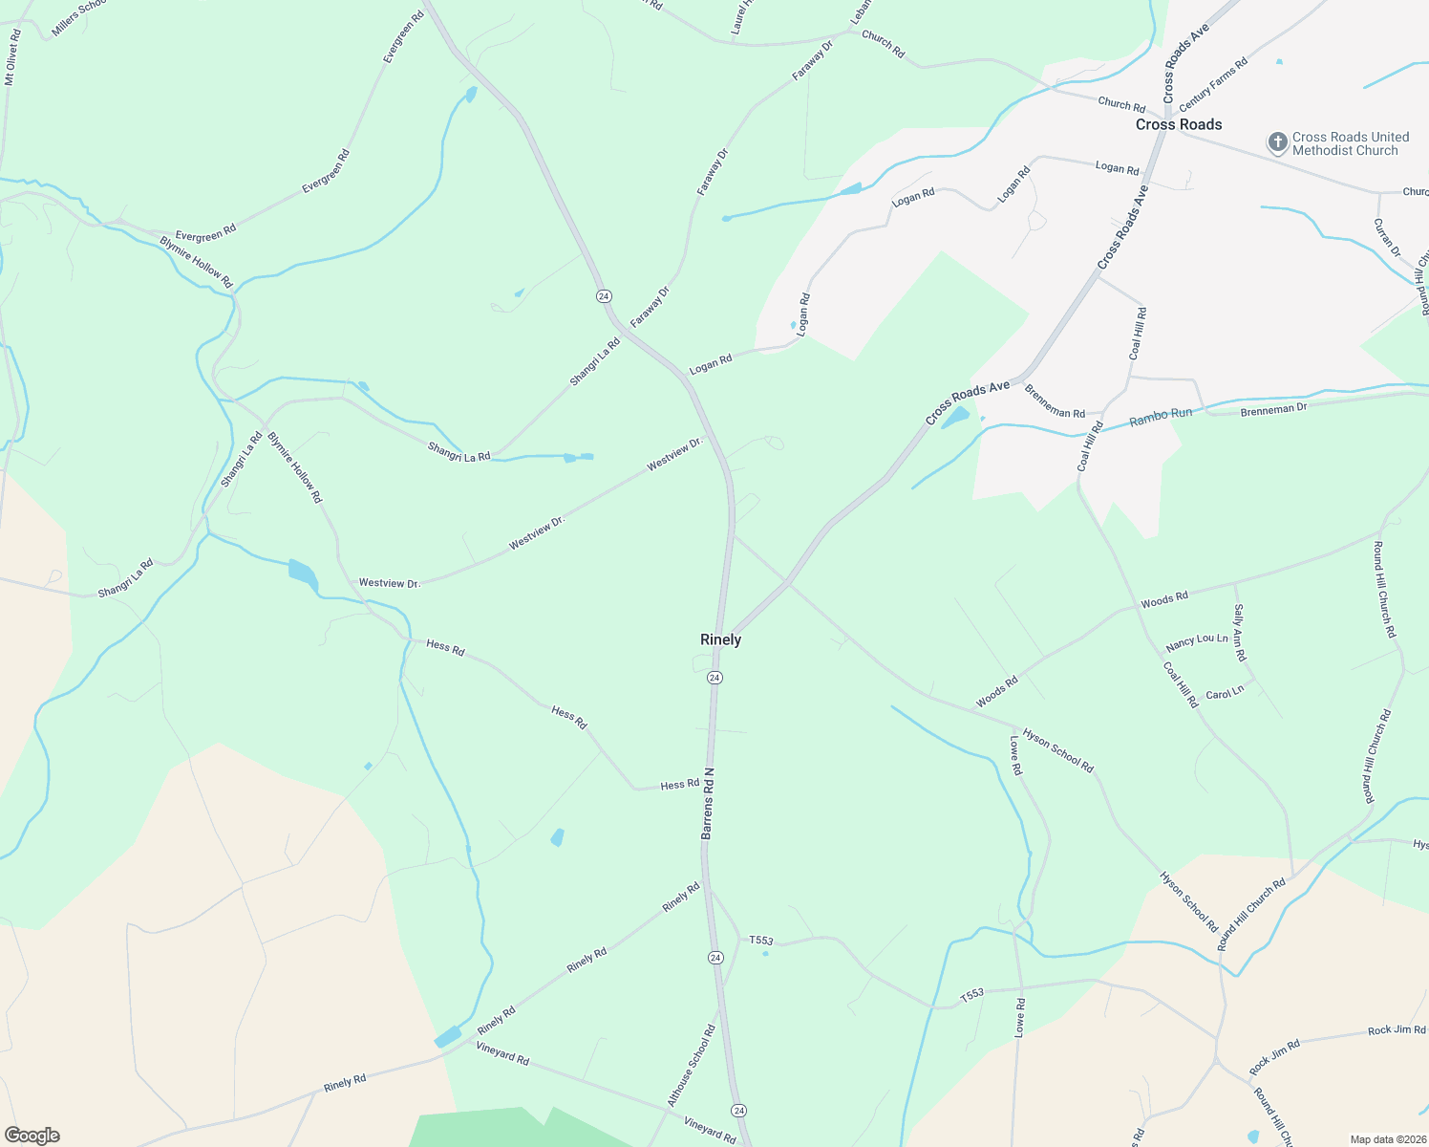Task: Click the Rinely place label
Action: coord(720,639)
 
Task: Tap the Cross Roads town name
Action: coord(1179,124)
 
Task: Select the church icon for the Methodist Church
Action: coord(1277,143)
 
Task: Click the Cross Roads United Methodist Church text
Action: coord(1350,143)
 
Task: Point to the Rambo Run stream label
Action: coord(1161,417)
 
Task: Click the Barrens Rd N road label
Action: coord(708,803)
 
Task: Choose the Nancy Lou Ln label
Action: coord(1197,641)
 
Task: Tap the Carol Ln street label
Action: coord(1225,693)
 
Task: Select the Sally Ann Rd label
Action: coord(1240,632)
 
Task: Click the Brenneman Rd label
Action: coord(1055,401)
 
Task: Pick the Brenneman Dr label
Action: coord(1273,409)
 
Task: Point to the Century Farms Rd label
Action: coord(1213,85)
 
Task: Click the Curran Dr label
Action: coord(1387,238)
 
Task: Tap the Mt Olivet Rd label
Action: coord(11,57)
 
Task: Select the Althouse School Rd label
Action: coord(691,1066)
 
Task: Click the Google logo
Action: coord(32,1136)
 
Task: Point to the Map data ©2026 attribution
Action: coord(1386,1139)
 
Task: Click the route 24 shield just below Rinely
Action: coord(714,678)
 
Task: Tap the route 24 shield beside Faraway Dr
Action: coord(604,296)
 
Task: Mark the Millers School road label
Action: coord(78,18)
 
